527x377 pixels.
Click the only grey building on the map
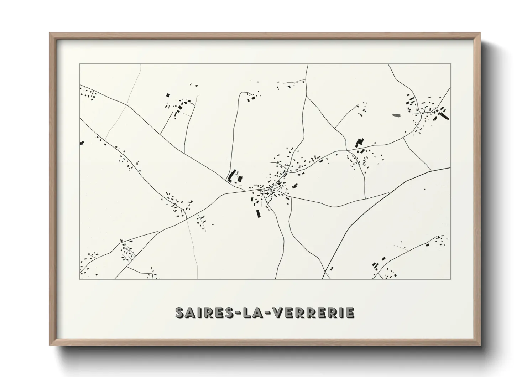coord(396,115)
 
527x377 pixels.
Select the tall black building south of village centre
coord(259,213)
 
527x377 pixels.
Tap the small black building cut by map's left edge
coord(82,143)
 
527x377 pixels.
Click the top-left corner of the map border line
coord(80,64)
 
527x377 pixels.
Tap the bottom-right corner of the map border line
coord(450,279)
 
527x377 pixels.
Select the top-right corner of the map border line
coord(450,64)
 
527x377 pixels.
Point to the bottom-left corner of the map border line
coord(80,279)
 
